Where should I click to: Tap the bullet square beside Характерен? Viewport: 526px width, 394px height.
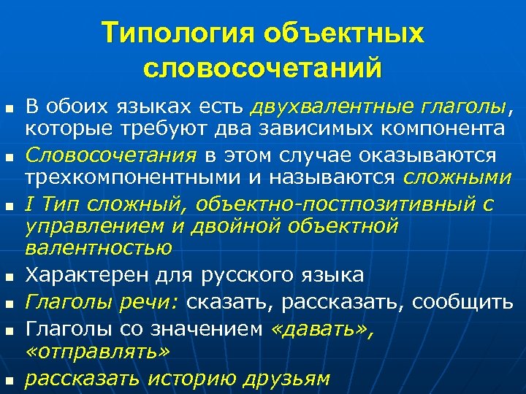(9, 277)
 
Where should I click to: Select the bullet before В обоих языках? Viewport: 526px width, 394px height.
(9, 109)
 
